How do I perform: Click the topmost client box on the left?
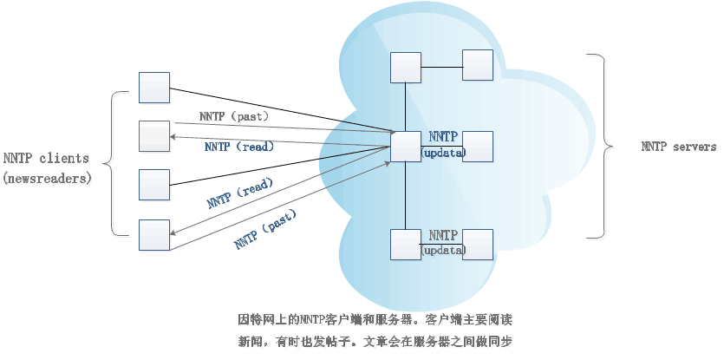pos(154,87)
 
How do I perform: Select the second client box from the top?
pos(154,136)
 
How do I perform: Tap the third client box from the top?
pos(154,185)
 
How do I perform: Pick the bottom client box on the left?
pos(154,234)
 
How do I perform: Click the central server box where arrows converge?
pos(406,147)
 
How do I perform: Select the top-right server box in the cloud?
pos(478,65)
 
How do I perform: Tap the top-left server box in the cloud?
pos(406,68)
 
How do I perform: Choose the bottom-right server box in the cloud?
pos(478,245)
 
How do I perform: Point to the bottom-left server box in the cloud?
pos(406,245)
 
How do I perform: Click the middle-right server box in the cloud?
pos(478,147)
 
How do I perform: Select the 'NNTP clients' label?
pos(45,158)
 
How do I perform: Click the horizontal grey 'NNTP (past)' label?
pos(234,116)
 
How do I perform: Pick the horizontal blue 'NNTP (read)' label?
pos(239,147)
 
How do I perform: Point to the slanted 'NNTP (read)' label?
pos(240,193)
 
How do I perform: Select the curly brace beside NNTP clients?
pos(111,161)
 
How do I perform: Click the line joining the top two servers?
pos(441,66)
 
